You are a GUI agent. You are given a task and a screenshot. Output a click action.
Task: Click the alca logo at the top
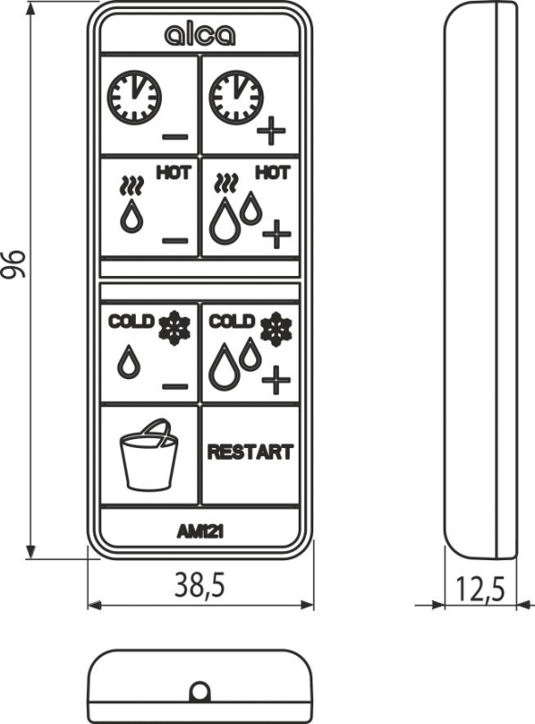click(199, 35)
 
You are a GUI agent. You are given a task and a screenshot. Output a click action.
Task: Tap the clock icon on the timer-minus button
click(135, 98)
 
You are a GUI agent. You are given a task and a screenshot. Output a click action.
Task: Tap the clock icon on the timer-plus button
click(236, 98)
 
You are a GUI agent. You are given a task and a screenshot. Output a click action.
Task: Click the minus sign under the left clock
click(175, 137)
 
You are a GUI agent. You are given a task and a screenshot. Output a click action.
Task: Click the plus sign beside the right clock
click(272, 130)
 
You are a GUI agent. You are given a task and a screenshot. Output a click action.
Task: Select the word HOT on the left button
click(174, 173)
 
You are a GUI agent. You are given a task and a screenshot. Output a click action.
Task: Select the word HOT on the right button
click(273, 173)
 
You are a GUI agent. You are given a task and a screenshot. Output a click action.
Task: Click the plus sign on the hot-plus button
click(277, 234)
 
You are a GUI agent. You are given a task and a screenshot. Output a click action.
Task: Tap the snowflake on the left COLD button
click(174, 328)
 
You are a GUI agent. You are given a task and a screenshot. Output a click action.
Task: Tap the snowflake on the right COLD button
click(276, 329)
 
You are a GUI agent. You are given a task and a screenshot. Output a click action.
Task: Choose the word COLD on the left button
click(130, 321)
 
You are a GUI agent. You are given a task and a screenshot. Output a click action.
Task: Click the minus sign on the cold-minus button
click(175, 386)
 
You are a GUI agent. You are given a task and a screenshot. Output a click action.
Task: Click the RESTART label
click(251, 452)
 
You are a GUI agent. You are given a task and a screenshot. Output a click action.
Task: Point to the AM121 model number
click(200, 532)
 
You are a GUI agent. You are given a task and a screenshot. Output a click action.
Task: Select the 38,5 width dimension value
click(199, 585)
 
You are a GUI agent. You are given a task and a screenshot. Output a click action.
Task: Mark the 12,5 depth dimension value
click(480, 590)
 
